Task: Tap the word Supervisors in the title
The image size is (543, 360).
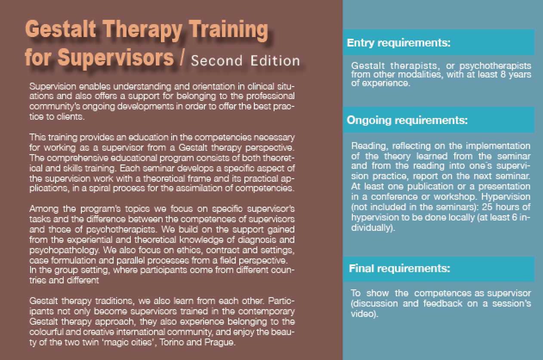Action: click(x=115, y=58)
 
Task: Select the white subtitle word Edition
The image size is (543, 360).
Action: click(x=275, y=60)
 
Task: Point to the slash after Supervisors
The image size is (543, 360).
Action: click(x=182, y=57)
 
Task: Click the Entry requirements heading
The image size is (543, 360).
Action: click(x=398, y=43)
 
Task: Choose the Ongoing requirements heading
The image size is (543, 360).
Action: click(x=407, y=120)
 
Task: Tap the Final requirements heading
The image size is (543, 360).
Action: click(x=399, y=268)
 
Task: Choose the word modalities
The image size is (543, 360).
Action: click(x=421, y=74)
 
